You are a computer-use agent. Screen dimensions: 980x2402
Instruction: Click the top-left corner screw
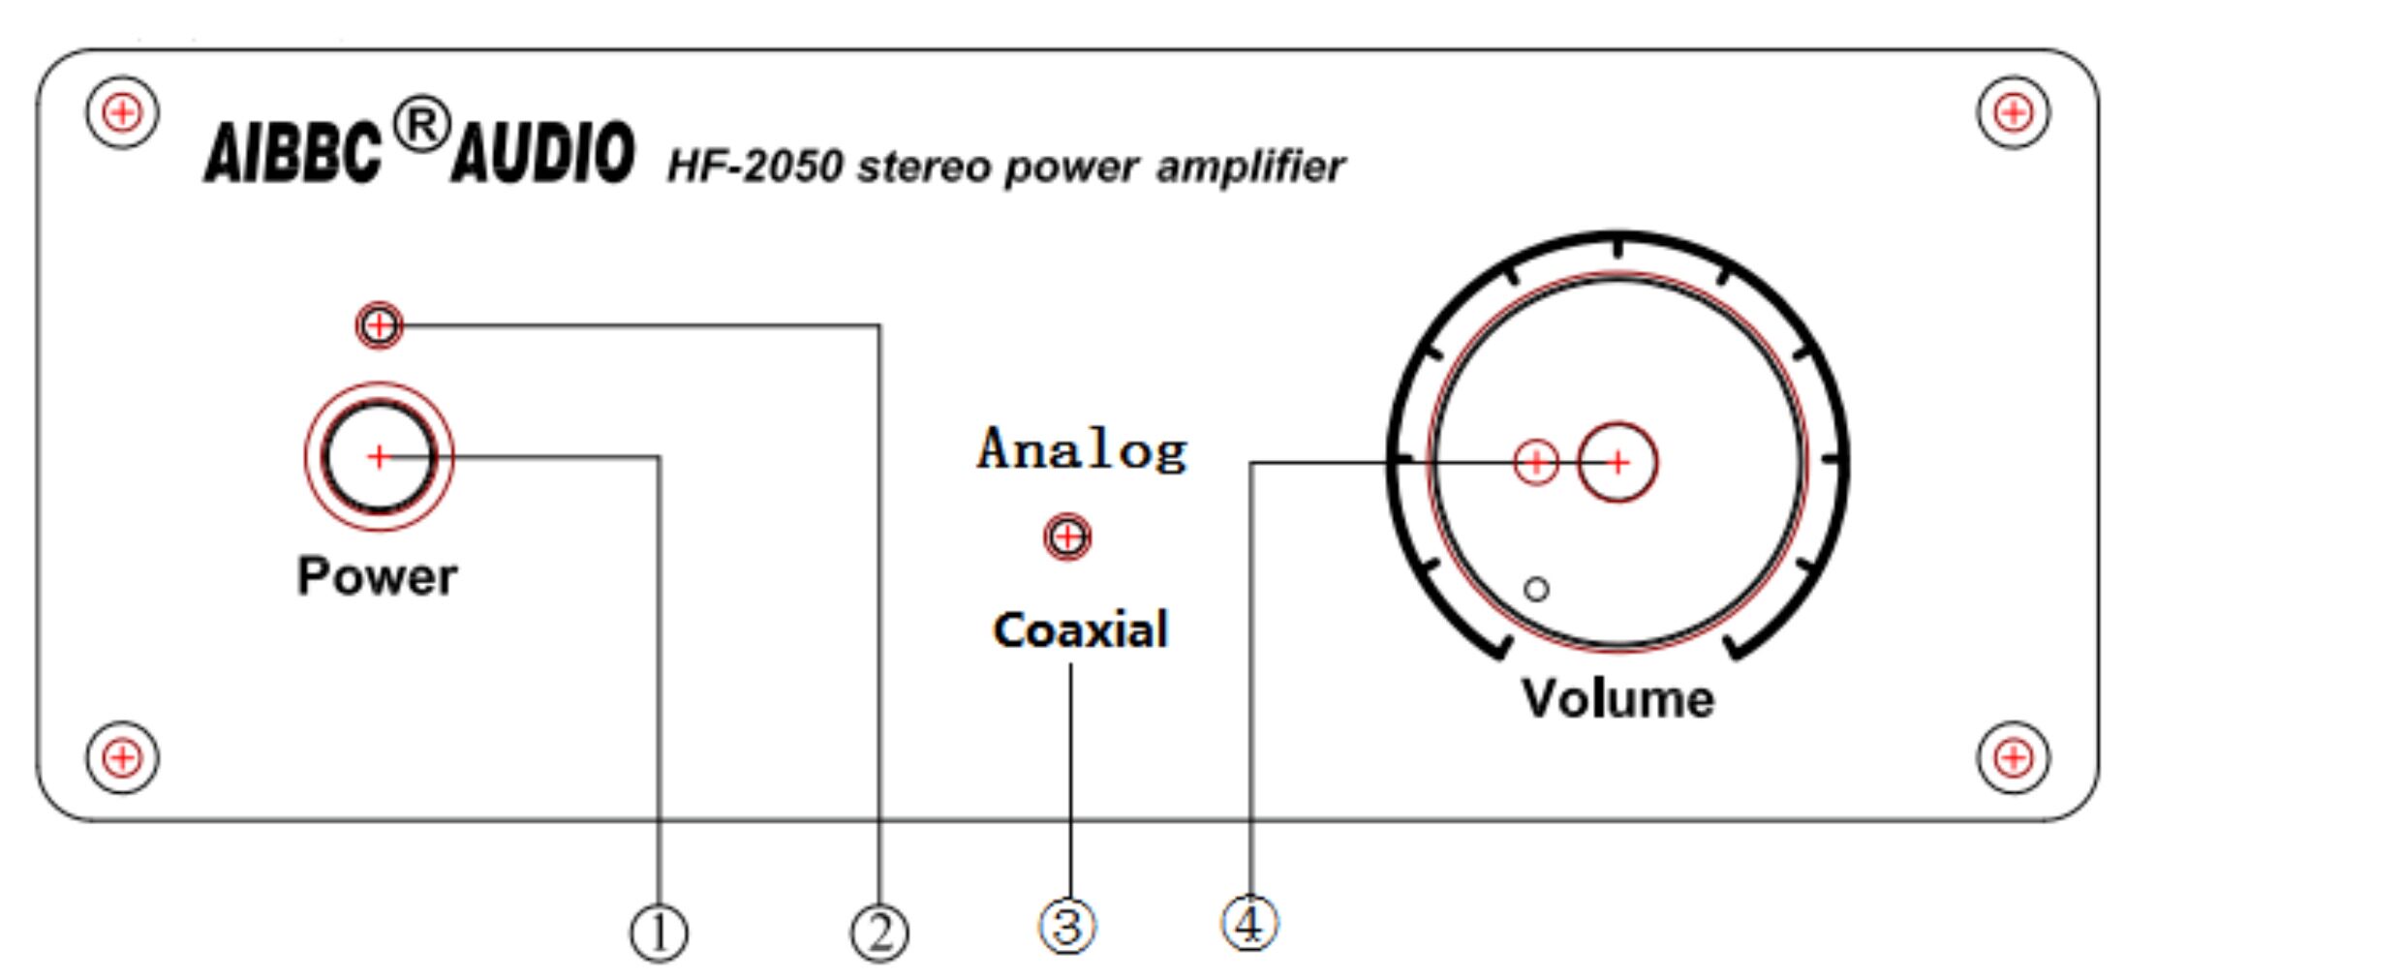coord(122,113)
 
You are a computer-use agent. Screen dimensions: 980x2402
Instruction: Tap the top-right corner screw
coord(2013,113)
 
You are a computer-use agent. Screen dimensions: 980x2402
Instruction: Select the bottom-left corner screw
coord(122,757)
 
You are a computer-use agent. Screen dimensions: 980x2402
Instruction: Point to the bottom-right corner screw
coord(2013,757)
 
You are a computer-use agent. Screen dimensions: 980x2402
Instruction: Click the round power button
coord(379,456)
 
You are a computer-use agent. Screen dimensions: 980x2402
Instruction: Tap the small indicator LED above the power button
coord(379,325)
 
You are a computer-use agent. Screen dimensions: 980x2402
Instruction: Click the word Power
coord(377,577)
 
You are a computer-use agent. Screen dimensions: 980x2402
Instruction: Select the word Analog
coord(1082,449)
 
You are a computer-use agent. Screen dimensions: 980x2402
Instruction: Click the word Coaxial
coord(1081,630)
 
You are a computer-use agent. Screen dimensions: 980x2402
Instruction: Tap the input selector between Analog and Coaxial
coord(1067,536)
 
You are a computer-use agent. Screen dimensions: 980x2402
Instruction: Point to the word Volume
coord(1617,698)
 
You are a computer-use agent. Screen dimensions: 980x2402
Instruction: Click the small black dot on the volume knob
coord(1536,589)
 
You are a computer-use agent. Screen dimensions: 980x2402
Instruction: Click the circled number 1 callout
coord(659,934)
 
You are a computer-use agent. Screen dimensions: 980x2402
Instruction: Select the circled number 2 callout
coord(879,934)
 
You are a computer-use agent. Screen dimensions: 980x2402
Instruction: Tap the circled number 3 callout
coord(1067,926)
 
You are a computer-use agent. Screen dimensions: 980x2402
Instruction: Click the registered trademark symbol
coord(422,126)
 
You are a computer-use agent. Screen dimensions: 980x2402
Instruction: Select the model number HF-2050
coord(755,167)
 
